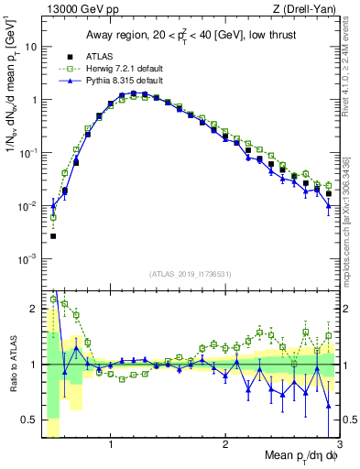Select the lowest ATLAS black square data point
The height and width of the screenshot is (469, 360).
click(53, 236)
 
